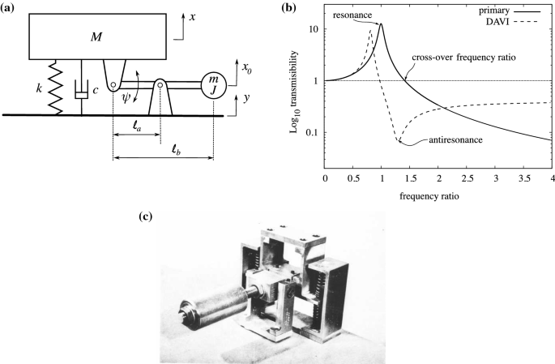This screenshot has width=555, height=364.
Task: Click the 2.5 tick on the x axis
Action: click(x=467, y=178)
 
